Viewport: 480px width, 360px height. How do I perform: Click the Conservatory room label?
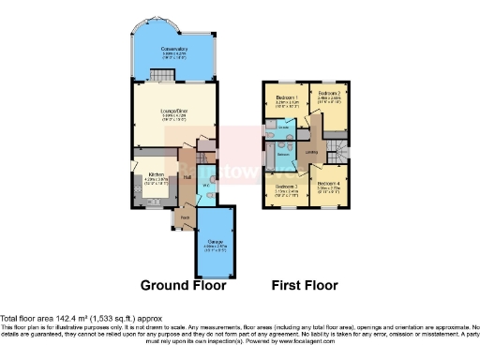(x=174, y=49)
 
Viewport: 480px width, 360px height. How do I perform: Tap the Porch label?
(x=185, y=217)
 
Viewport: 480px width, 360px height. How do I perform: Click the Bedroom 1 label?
(x=288, y=98)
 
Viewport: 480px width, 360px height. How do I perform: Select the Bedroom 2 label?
(x=328, y=94)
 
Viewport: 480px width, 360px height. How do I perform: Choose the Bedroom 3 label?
(x=288, y=187)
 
